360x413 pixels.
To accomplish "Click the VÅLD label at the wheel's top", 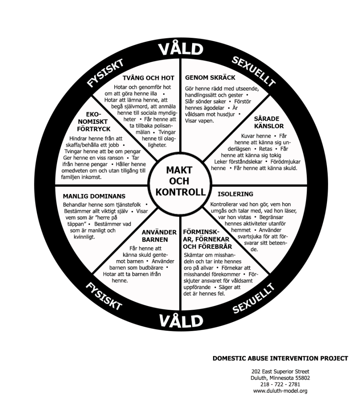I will coord(180,49).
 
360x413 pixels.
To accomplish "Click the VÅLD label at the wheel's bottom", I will coord(180,321).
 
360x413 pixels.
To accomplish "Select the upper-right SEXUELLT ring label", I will coord(254,72).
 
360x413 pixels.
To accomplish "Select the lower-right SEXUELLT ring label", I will coord(253,298).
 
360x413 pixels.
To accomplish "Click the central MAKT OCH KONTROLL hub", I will coord(180,181).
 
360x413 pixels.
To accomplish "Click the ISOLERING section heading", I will coord(235,194).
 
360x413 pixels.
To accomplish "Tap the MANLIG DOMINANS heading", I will coord(94,196).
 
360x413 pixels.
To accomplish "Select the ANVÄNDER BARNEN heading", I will coord(159,236).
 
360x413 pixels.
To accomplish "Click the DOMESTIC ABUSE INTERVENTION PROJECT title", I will coord(280,358).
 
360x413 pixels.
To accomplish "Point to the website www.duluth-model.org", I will coord(280,391).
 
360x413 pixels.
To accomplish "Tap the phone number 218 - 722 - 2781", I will coord(280,384).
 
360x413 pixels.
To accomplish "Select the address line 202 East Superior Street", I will coord(280,371).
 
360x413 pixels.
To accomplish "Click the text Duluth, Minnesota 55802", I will coord(280,378).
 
